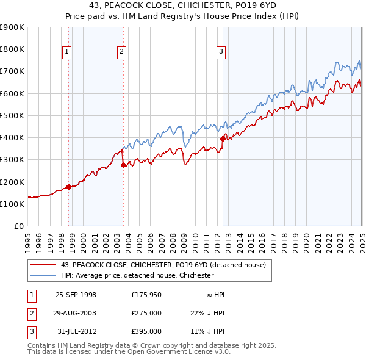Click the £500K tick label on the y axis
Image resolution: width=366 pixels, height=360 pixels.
pyautogui.click(x=12, y=115)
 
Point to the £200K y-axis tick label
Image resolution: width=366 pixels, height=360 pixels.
pyautogui.click(x=12, y=182)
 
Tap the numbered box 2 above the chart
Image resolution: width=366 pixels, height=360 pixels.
pyautogui.click(x=121, y=52)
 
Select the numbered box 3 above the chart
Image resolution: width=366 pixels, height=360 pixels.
pyautogui.click(x=221, y=52)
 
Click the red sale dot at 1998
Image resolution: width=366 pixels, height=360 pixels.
pyautogui.click(x=68, y=187)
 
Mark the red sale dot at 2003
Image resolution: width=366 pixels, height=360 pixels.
pyautogui.click(x=123, y=165)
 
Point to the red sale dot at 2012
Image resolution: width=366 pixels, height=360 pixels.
pyautogui.click(x=223, y=139)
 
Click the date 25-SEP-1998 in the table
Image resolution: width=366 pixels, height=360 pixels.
pyautogui.click(x=76, y=295)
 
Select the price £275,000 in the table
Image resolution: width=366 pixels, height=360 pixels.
pyautogui.click(x=146, y=313)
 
